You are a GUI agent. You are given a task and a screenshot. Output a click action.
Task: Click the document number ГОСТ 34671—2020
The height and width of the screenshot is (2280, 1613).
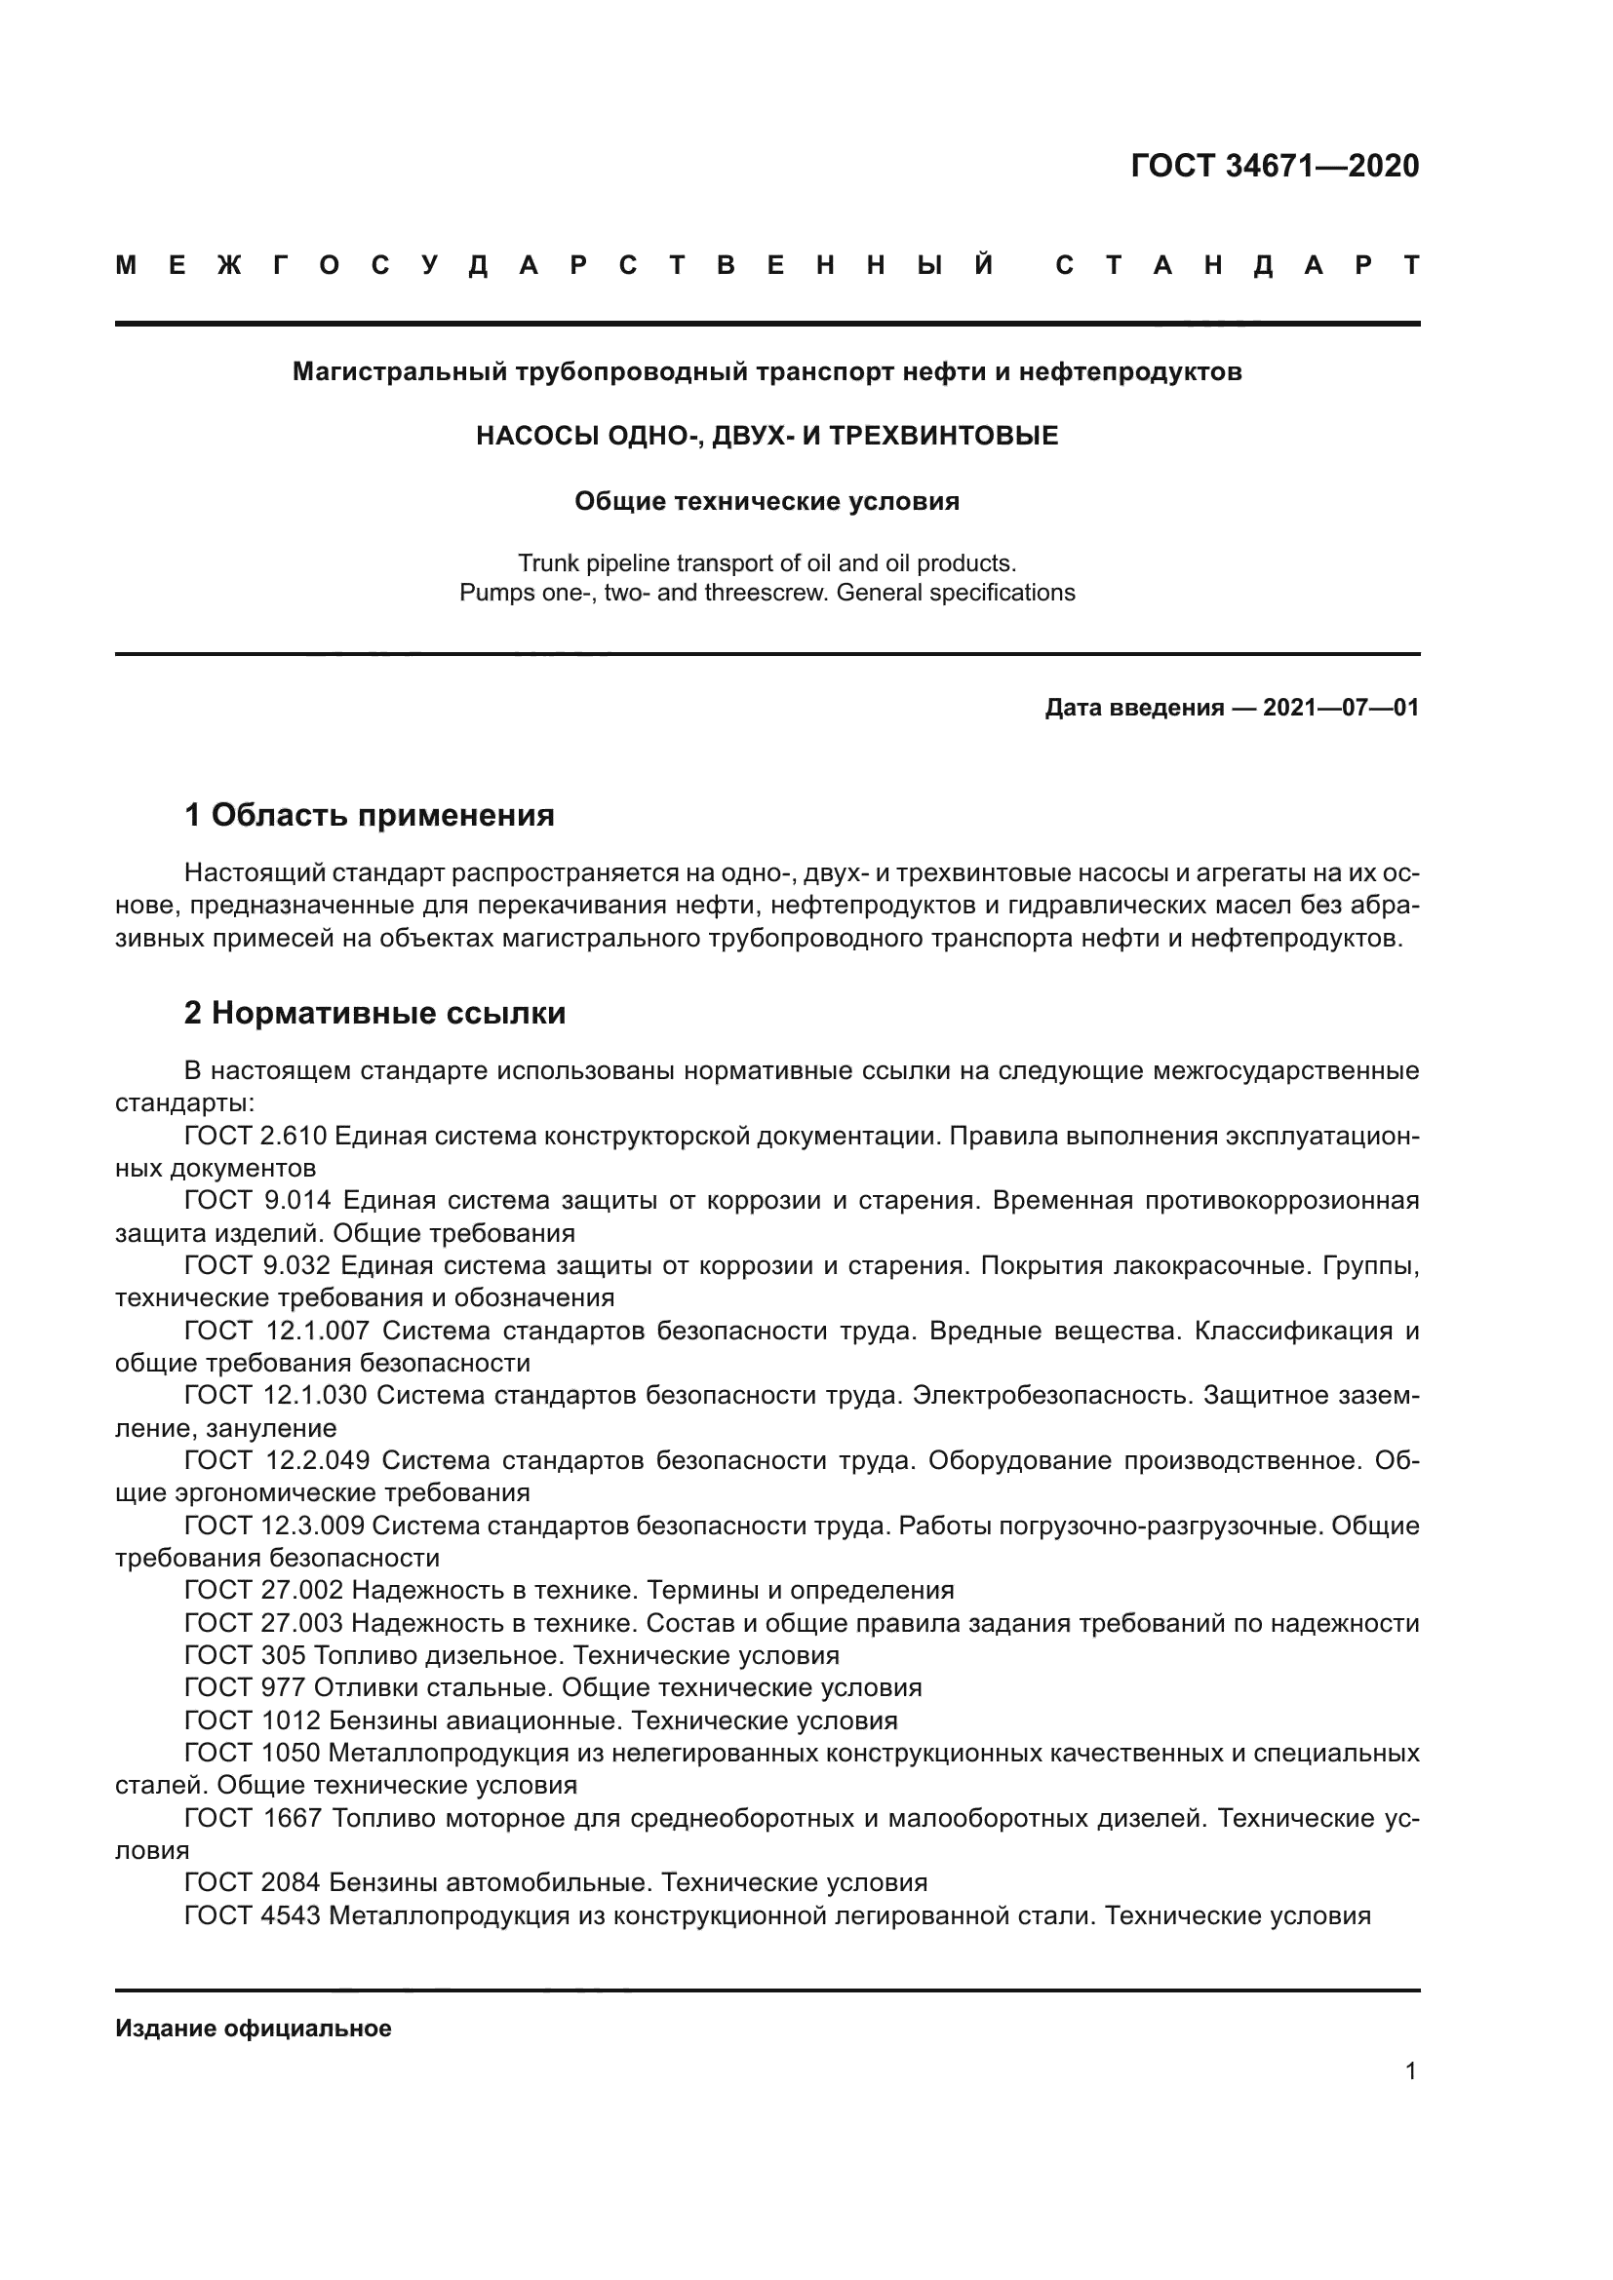click(1275, 166)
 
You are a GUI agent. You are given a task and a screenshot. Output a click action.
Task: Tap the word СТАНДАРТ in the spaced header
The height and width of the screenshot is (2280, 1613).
click(1237, 266)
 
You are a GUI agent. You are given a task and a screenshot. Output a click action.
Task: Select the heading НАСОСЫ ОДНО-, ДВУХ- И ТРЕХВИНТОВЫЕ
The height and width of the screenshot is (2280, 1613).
click(767, 436)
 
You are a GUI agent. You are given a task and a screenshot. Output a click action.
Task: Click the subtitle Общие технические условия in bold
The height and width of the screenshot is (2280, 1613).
click(767, 501)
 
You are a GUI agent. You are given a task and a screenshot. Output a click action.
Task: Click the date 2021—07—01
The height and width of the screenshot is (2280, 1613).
click(1341, 708)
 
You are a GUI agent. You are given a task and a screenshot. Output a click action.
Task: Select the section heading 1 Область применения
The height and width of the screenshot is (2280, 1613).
click(369, 815)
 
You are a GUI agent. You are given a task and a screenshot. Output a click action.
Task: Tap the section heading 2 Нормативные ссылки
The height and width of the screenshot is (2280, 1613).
click(374, 1013)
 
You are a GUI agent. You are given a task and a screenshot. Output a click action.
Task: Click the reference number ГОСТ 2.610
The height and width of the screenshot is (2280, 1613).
click(256, 1135)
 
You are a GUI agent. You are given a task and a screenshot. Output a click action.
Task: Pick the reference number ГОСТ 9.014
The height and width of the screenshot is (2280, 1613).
click(257, 1201)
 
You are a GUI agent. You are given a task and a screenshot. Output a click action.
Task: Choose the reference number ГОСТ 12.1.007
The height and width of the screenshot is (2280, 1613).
click(276, 1331)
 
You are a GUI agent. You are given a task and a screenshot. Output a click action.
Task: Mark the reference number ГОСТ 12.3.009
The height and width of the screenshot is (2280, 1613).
click(274, 1526)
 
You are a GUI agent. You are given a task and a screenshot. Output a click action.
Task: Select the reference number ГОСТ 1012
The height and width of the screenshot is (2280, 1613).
click(252, 1720)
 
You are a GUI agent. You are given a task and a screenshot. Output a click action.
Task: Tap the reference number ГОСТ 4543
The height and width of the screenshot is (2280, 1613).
click(252, 1915)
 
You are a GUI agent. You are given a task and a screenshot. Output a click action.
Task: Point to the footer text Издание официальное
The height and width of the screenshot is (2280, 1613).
click(254, 2029)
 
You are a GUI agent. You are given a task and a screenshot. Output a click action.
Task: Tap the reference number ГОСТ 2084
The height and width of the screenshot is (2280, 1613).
click(252, 1883)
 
